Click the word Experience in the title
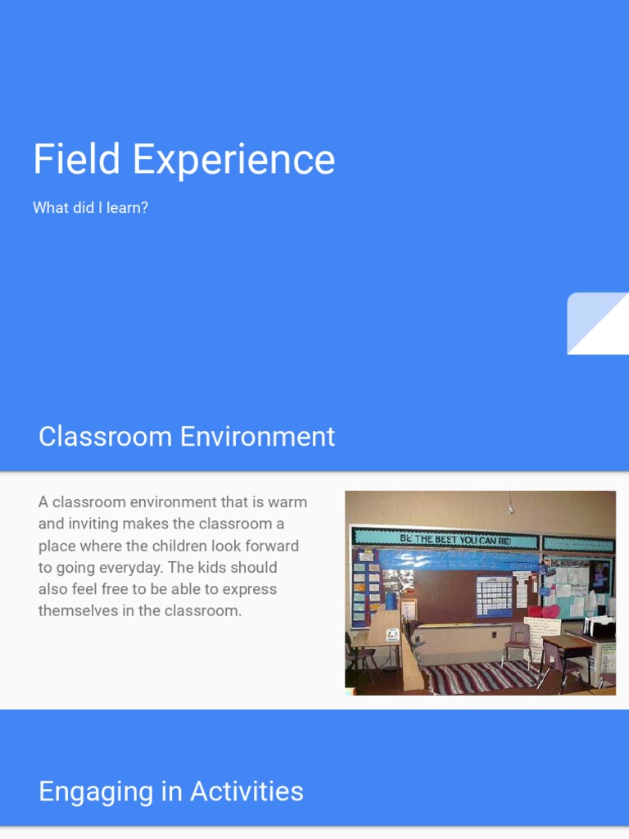tap(234, 161)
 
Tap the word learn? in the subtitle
tap(126, 208)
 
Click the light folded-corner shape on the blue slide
tap(597, 324)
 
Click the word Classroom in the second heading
tap(105, 437)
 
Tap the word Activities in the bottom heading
tap(247, 791)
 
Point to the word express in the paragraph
tap(251, 589)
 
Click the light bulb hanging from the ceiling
tap(511, 509)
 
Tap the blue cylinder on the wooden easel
tap(391, 601)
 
